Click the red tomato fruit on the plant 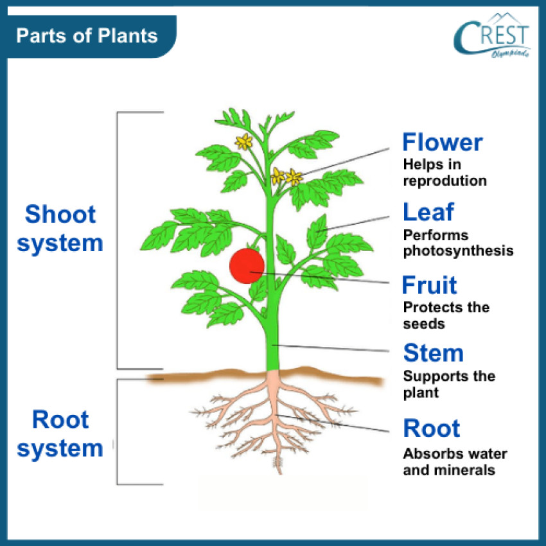coord(247,265)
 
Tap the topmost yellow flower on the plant coord(243,142)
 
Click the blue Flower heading coord(442,143)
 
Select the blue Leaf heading coord(428,212)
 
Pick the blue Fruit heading coord(430,285)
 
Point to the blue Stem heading coord(433,353)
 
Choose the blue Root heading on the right coord(432,428)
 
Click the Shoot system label coord(60,229)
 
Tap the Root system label coord(60,434)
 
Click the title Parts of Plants coord(87,35)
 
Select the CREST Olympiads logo coord(491,37)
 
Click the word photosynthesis coord(458,251)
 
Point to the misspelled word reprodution coord(445,181)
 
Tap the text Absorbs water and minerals coord(455,462)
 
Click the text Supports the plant coord(449,383)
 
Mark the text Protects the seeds coord(446,315)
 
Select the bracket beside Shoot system coord(118,241)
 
